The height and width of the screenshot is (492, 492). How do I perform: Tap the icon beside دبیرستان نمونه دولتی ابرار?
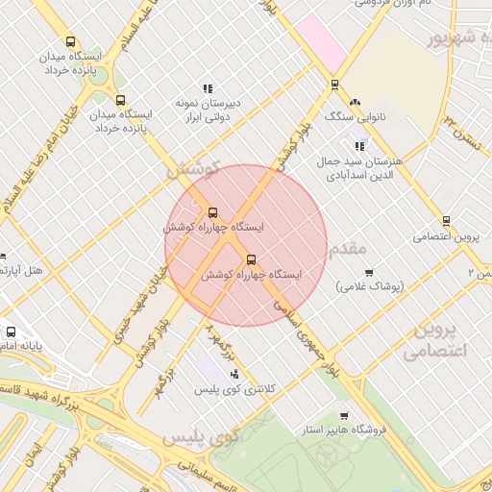coord(208,89)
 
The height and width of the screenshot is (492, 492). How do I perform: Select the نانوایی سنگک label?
coord(356,118)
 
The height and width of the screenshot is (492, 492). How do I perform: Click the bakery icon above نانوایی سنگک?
coord(355,101)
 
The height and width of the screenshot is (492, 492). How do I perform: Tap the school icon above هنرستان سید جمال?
coord(359,146)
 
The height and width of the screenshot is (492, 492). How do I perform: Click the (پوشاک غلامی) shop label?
coord(370,287)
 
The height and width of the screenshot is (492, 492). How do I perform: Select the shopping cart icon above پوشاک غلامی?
coord(369,272)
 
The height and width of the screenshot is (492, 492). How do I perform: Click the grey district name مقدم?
coord(347,249)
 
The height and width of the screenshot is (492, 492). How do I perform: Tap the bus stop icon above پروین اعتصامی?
coord(446,220)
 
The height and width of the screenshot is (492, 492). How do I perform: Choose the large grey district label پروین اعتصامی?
coord(444,340)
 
